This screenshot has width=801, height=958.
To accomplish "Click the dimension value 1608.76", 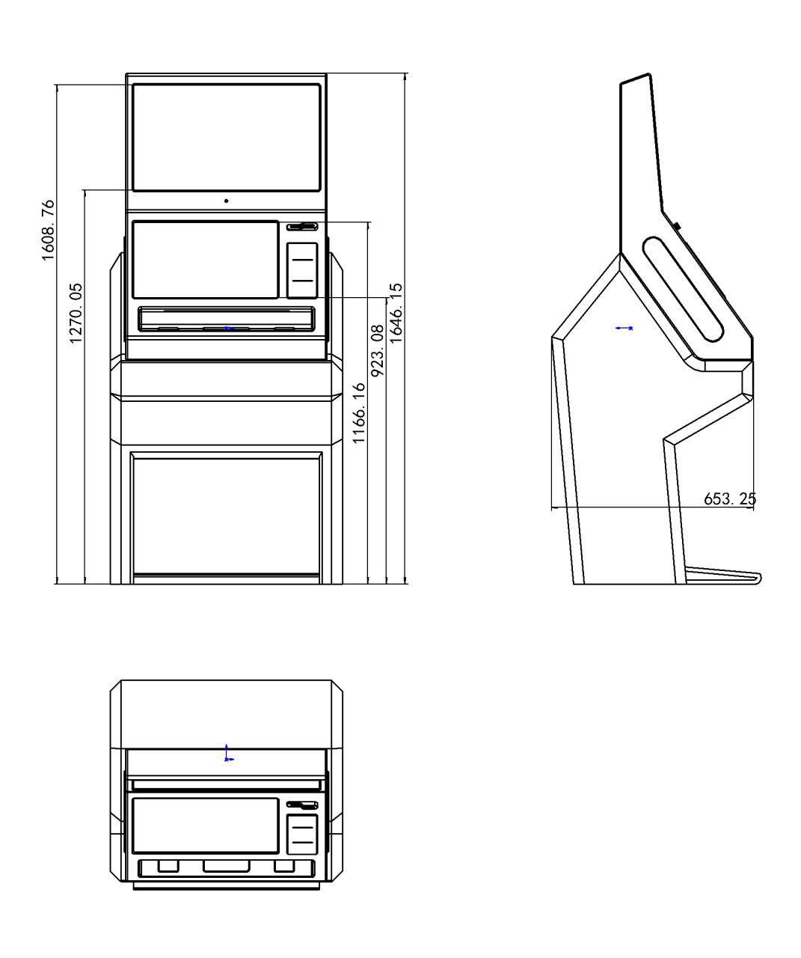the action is (48, 231).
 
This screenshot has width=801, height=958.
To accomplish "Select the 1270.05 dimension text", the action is (76, 314).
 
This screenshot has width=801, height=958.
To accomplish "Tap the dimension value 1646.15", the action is (396, 313).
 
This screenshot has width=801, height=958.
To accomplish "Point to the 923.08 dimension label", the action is (378, 351).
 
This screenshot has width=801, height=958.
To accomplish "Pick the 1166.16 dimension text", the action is (359, 413).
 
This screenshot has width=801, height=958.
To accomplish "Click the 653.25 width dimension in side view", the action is (730, 498).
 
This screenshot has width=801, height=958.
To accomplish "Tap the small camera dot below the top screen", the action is (227, 201).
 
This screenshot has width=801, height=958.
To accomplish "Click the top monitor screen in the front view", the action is (227, 137).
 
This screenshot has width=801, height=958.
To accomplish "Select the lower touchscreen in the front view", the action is (206, 260).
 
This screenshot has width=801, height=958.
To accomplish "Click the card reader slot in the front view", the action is (302, 227).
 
